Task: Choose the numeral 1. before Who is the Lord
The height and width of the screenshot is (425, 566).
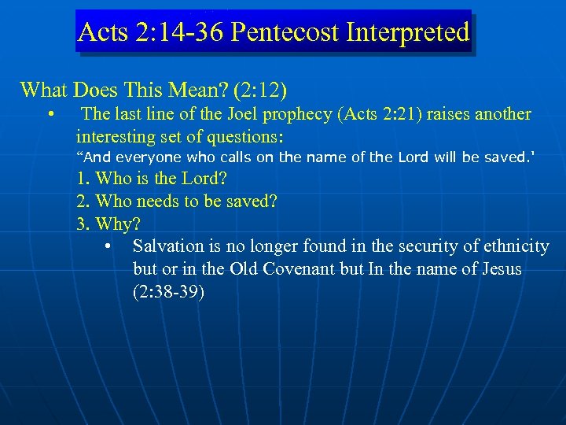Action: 83,178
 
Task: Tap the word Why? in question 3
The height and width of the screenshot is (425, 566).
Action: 112,224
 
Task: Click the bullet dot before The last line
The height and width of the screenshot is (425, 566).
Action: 50,115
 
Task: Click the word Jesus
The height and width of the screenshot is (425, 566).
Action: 498,269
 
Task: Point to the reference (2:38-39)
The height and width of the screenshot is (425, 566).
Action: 169,292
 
